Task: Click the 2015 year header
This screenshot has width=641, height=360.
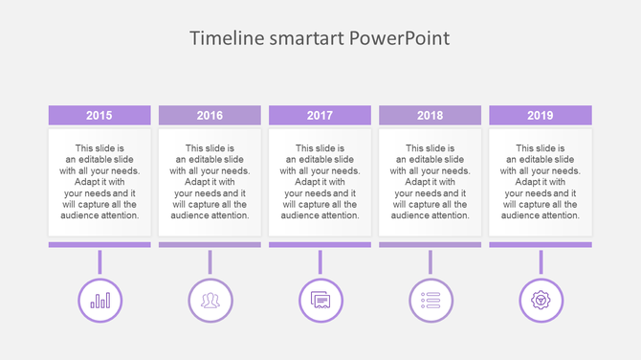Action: click(x=99, y=116)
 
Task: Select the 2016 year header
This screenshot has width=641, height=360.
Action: click(x=210, y=116)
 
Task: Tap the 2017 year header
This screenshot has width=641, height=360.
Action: click(x=320, y=116)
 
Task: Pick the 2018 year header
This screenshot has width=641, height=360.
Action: click(x=430, y=116)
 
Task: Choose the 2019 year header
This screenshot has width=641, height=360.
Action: click(x=540, y=116)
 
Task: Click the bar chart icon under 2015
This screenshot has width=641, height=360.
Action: click(x=99, y=300)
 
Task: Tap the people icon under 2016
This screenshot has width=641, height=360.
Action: click(x=210, y=300)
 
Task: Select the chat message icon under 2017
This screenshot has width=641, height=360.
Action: click(x=320, y=300)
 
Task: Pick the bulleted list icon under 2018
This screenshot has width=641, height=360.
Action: click(x=431, y=300)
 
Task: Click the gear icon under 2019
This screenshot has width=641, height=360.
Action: click(x=541, y=300)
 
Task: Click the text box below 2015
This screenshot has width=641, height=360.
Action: click(x=99, y=182)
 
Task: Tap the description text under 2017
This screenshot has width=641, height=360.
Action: click(x=320, y=182)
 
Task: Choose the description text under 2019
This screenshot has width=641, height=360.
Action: click(x=540, y=182)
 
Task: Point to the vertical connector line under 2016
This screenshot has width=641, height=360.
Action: click(x=210, y=262)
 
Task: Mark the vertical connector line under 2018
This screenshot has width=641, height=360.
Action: click(x=431, y=262)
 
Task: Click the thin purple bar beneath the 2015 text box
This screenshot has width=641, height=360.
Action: click(x=99, y=245)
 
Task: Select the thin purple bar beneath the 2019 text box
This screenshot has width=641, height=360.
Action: click(x=540, y=245)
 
